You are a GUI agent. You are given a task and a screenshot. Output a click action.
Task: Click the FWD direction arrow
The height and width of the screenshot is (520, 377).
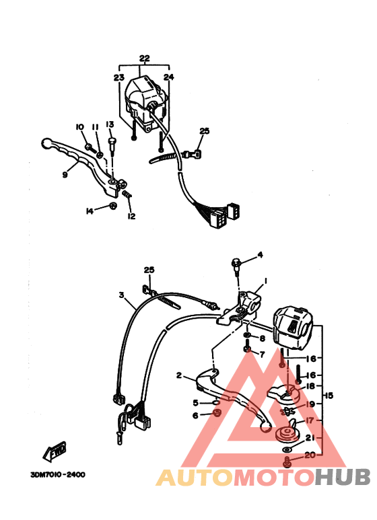pos(55,451)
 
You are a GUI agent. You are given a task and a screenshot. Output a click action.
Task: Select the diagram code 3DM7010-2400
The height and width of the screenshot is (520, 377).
pos(58,474)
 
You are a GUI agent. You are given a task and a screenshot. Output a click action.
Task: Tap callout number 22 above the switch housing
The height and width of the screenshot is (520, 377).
pos(144,59)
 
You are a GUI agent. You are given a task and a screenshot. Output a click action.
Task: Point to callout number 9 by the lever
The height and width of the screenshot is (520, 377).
pos(65,174)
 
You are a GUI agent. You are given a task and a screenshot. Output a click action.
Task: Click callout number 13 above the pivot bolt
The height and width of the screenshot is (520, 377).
pos(110,124)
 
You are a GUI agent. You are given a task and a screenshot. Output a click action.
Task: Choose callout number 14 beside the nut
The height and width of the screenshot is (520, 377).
pos(90,211)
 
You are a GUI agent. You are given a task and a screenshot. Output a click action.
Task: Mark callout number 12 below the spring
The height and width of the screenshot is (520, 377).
pos(131,216)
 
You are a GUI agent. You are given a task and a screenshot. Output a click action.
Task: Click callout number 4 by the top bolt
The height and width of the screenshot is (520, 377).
pos(260,255)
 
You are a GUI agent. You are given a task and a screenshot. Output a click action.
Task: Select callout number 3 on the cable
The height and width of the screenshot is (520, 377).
pos(122,295)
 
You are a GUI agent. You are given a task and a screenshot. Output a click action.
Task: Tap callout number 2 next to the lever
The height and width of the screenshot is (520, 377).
pos(179,375)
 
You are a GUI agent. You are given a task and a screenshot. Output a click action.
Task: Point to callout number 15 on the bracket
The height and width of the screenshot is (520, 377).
pos(329,396)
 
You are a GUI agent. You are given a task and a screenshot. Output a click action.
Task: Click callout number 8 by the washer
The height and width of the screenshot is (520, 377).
pos(263,338)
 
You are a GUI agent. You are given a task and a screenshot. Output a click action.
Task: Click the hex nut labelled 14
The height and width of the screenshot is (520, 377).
pos(113,206)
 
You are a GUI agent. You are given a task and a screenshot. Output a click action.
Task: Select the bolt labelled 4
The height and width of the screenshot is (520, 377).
pos(236,266)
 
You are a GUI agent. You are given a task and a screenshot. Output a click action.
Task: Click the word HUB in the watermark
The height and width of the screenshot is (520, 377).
pos(342,478)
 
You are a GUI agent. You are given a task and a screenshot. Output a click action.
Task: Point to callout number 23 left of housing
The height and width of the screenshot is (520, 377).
pos(118,77)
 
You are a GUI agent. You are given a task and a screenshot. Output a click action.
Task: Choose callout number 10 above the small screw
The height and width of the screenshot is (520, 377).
pos(79,127)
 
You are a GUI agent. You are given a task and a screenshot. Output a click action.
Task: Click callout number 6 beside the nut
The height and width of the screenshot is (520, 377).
pos(195,415)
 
